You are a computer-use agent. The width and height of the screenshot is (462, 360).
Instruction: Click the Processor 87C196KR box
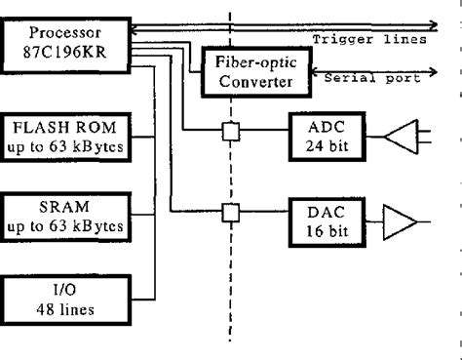[64, 39]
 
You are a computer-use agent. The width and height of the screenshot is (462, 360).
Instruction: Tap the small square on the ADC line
[232, 133]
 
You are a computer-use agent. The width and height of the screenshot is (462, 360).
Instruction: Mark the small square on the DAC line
[232, 212]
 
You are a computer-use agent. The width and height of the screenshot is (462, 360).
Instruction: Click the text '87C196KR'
[64, 47]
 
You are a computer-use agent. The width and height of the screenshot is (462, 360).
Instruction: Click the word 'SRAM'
[65, 208]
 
